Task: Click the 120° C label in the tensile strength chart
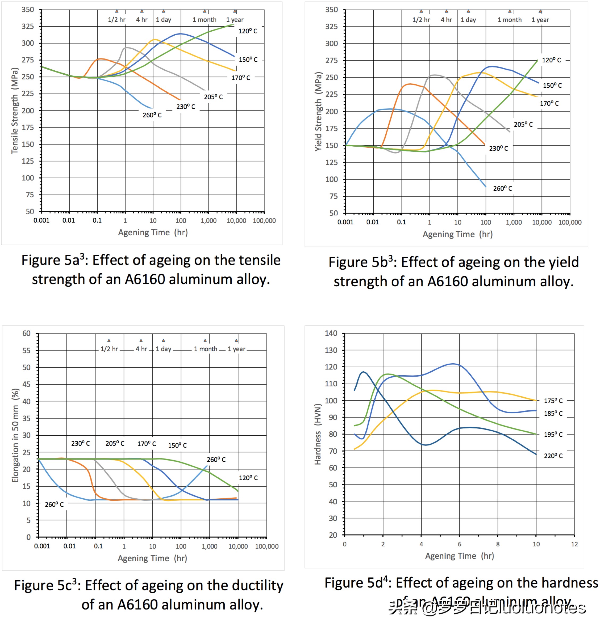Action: pyautogui.click(x=248, y=31)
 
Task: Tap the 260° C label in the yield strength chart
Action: pyautogui.click(x=502, y=189)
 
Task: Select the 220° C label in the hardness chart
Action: pyautogui.click(x=553, y=456)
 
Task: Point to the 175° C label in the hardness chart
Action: pyautogui.click(x=553, y=400)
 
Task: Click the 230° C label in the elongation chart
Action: pyautogui.click(x=81, y=443)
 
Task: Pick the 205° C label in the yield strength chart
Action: pyautogui.click(x=523, y=124)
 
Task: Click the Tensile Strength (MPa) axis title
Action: pyautogui.click(x=15, y=111)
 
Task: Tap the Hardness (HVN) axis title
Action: pyautogui.click(x=317, y=434)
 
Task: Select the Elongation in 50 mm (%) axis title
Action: pyautogui.click(x=15, y=435)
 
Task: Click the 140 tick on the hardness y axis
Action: pyautogui.click(x=331, y=333)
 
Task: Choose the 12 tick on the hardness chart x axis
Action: pyautogui.click(x=574, y=544)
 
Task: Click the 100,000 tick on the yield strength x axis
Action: pyautogui.click(x=570, y=222)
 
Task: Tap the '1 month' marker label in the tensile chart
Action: pyautogui.click(x=204, y=19)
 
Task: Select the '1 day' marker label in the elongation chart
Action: pyautogui.click(x=164, y=349)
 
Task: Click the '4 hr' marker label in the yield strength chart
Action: pyautogui.click(x=446, y=20)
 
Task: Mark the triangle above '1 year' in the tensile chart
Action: pyautogui.click(x=235, y=11)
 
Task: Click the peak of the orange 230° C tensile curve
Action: pyautogui.click(x=101, y=59)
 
